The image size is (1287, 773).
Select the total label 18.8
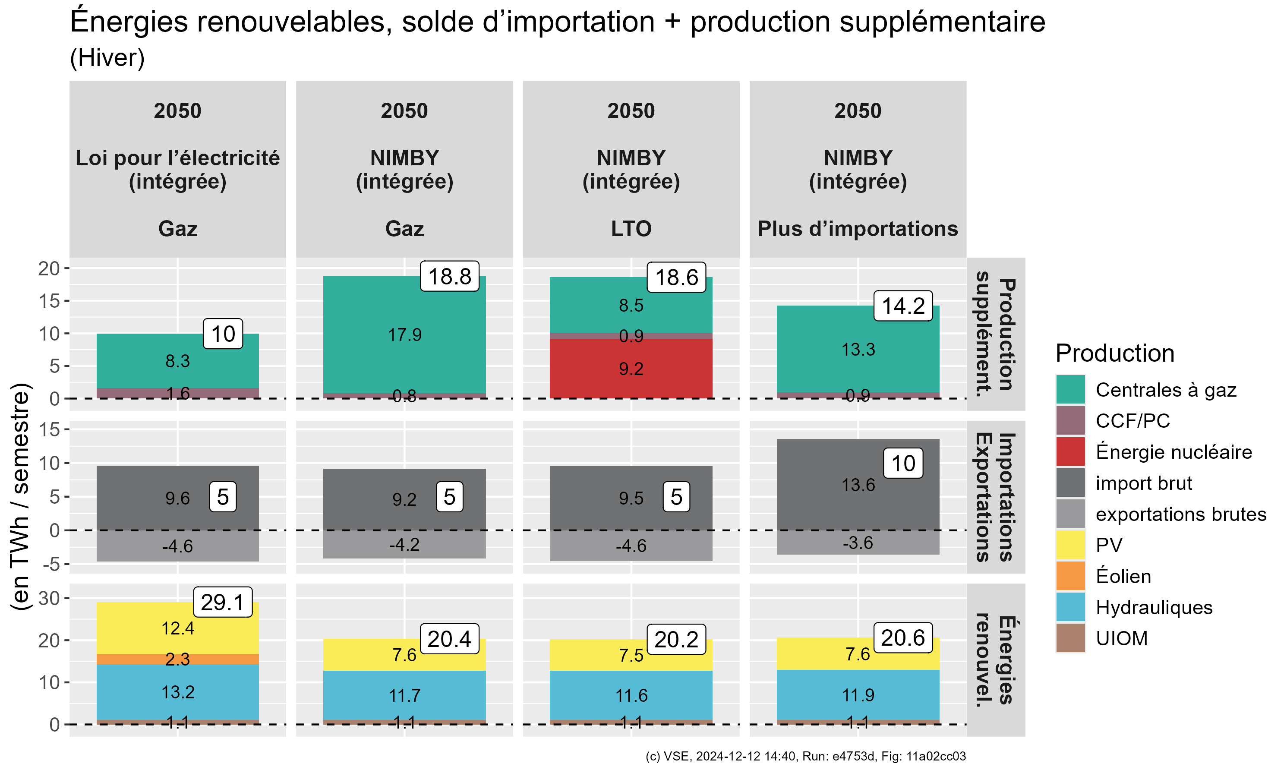pyautogui.click(x=449, y=276)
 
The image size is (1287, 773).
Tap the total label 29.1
pyautogui.click(x=222, y=602)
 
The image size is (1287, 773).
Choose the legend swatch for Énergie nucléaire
pyautogui.click(x=1070, y=451)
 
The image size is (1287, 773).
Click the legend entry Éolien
pyautogui.click(x=1123, y=576)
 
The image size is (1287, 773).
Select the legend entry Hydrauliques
pyautogui.click(x=1154, y=607)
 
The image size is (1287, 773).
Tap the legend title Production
pyautogui.click(x=1115, y=353)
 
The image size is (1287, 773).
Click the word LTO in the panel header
pyautogui.click(x=631, y=229)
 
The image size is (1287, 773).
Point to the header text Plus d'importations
pyautogui.click(x=857, y=229)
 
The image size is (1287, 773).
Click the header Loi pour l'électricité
pyautogui.click(x=178, y=158)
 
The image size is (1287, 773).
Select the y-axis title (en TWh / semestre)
pyautogui.click(x=21, y=496)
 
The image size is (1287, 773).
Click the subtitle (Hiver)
pyautogui.click(x=107, y=57)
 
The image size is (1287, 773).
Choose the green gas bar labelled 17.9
pyautogui.click(x=404, y=334)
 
